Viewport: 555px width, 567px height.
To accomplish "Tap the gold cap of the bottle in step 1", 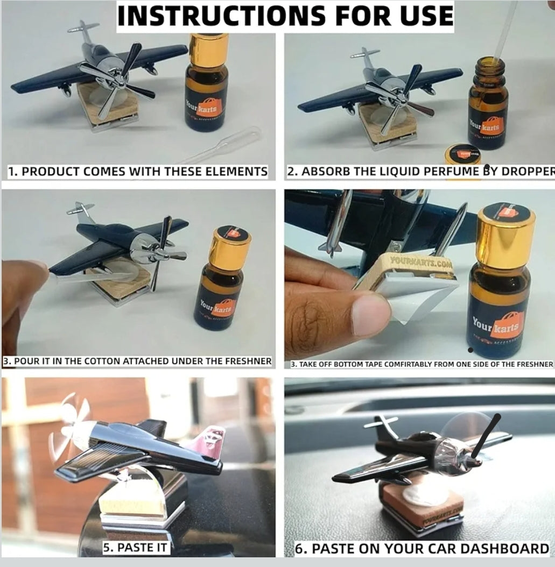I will [208, 49].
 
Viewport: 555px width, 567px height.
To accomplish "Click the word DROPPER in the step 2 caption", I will [528, 172].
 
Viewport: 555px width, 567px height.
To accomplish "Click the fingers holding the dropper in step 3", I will [22, 280].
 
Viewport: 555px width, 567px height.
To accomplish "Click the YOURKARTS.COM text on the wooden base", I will [413, 263].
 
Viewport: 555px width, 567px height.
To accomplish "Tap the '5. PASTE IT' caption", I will [136, 548].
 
